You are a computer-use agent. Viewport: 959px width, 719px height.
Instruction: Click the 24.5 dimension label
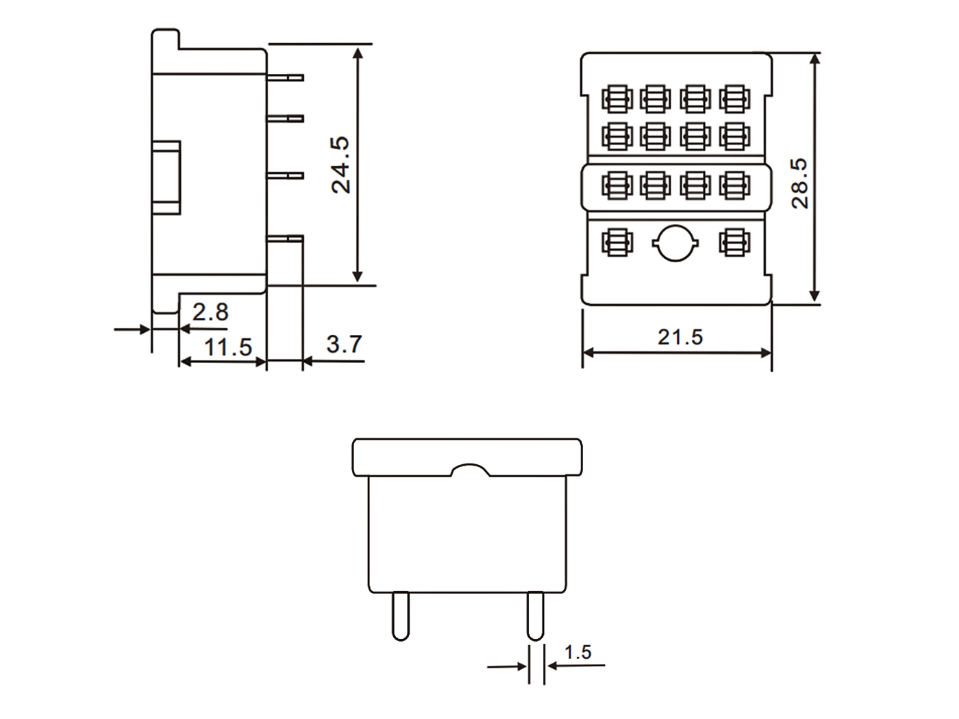pyautogui.click(x=340, y=165)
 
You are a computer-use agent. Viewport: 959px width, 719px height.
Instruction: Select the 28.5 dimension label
pyautogui.click(x=799, y=184)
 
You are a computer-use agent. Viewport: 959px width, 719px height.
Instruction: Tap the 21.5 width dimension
pyautogui.click(x=680, y=337)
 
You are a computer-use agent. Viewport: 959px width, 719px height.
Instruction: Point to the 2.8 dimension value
pyautogui.click(x=210, y=312)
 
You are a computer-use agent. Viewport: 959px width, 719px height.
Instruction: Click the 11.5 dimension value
pyautogui.click(x=228, y=347)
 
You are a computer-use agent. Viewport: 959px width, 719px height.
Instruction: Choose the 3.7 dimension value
pyautogui.click(x=345, y=344)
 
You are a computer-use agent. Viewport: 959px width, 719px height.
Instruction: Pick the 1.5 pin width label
pyautogui.click(x=578, y=652)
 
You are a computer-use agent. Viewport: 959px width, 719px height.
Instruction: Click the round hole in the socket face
pyautogui.click(x=675, y=243)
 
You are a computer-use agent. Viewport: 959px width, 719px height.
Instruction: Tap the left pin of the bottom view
pyautogui.click(x=401, y=616)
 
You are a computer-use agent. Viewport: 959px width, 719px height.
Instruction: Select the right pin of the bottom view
pyautogui.click(x=536, y=616)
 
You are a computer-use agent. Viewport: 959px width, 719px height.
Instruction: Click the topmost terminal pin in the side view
pyautogui.click(x=285, y=77)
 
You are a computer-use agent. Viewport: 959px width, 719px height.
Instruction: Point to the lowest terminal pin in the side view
pyautogui.click(x=285, y=238)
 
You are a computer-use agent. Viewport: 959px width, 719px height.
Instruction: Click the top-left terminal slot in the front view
pyautogui.click(x=617, y=99)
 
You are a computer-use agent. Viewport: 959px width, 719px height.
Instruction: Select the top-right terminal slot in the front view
pyautogui.click(x=735, y=99)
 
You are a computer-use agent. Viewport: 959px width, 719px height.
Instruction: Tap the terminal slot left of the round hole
pyautogui.click(x=617, y=242)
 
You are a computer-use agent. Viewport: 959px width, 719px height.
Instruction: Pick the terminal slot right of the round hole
pyautogui.click(x=735, y=242)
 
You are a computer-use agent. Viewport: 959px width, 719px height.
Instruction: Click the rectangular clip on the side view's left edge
pyautogui.click(x=166, y=177)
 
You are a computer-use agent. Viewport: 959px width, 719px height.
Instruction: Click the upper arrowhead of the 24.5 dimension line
pyautogui.click(x=358, y=53)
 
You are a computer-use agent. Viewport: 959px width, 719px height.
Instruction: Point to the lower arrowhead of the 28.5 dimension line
pyautogui.click(x=814, y=295)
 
